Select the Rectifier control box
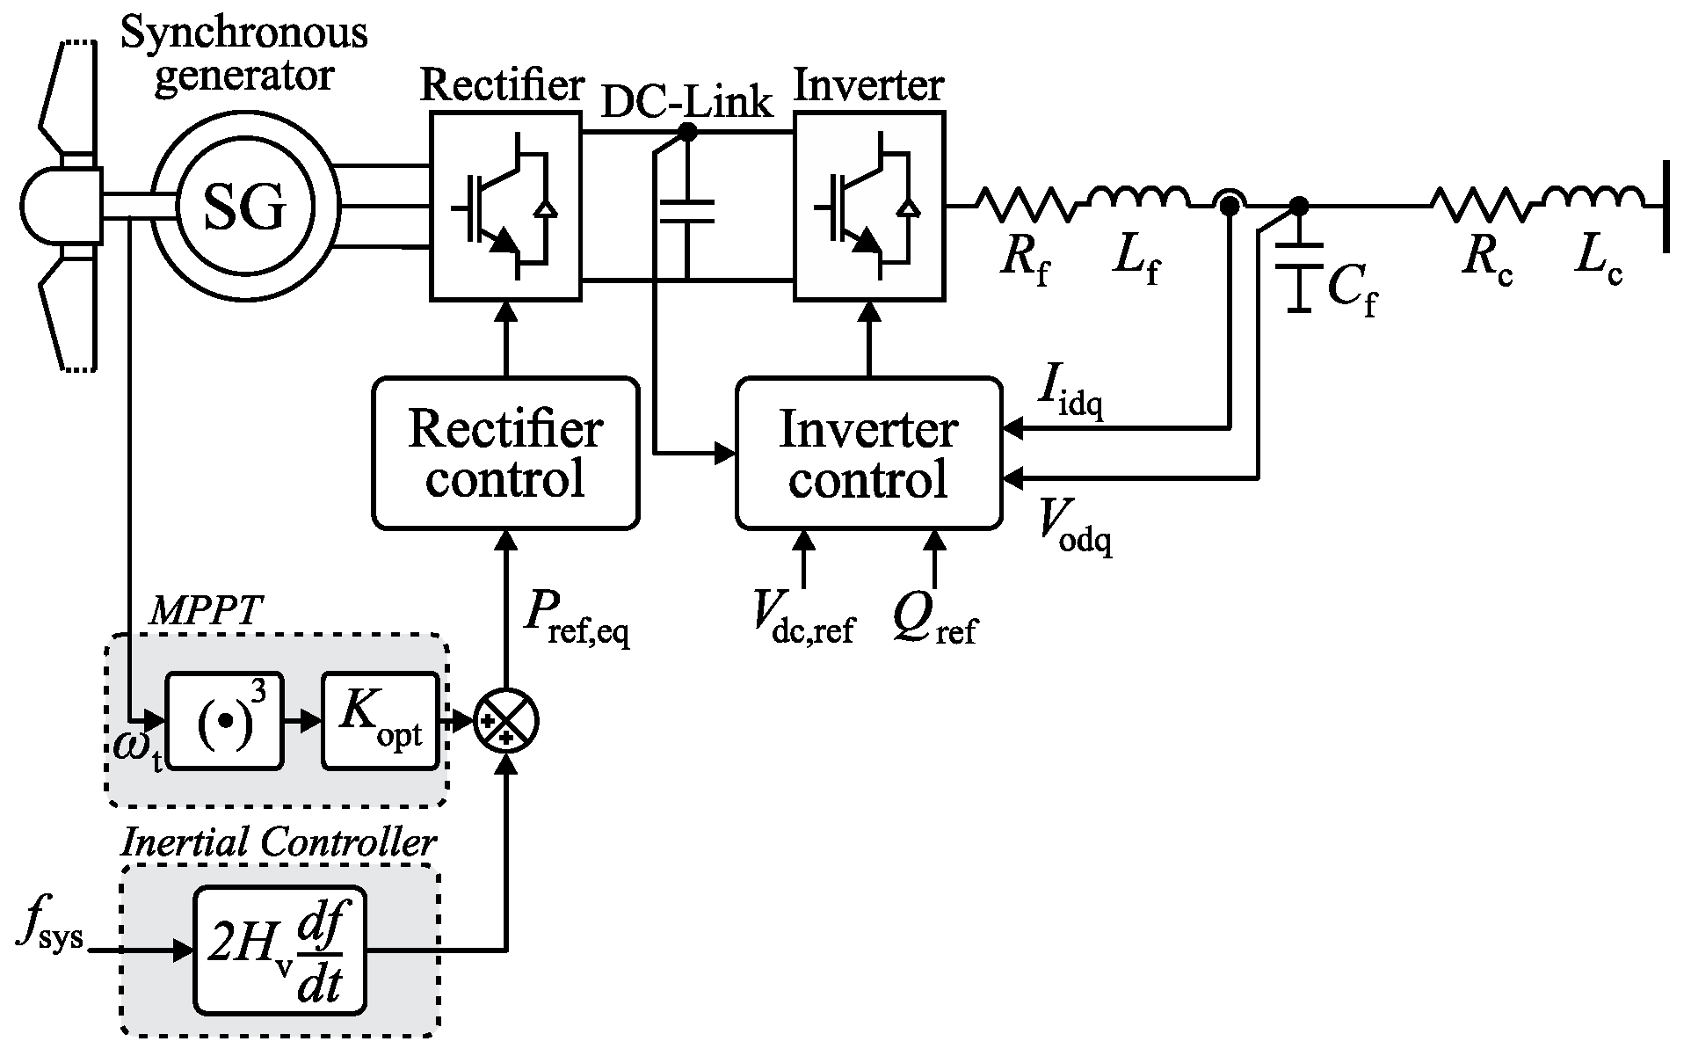coord(505,454)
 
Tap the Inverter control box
coord(868,454)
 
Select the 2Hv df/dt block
coord(280,950)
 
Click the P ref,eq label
coord(576,615)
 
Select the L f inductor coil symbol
coord(1139,200)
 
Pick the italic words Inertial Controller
coord(279,842)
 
